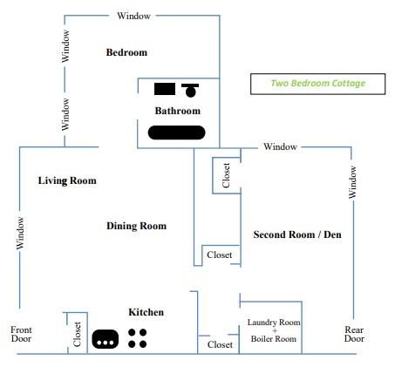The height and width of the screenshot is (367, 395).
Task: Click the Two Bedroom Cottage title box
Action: click(317, 84)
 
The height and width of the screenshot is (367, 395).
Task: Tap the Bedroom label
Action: click(126, 52)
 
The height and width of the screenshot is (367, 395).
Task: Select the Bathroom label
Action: click(178, 111)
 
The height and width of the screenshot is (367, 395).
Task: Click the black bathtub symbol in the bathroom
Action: click(176, 133)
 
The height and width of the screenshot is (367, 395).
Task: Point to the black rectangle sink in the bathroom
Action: click(165, 89)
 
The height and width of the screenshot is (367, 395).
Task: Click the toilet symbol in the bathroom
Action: click(190, 91)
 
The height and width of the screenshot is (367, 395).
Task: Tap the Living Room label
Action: click(67, 180)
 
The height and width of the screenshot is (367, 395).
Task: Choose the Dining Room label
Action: click(136, 226)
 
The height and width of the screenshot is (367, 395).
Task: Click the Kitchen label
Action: click(146, 312)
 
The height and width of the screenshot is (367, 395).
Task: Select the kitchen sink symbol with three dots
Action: click(106, 339)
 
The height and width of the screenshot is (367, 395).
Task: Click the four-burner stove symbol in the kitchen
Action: click(137, 338)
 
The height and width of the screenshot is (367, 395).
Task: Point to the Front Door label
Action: click(21, 334)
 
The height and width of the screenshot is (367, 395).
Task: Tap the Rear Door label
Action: click(354, 334)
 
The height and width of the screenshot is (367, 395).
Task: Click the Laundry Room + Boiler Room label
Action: click(274, 330)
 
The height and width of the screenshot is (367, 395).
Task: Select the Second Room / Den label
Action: click(297, 234)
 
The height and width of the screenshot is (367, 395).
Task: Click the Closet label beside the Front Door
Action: click(77, 334)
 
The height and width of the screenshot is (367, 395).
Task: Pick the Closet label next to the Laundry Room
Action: click(220, 344)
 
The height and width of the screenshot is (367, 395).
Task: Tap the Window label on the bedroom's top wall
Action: click(133, 16)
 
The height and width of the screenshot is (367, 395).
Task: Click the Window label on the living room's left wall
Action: click(20, 234)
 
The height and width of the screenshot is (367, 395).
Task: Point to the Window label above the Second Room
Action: click(280, 146)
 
